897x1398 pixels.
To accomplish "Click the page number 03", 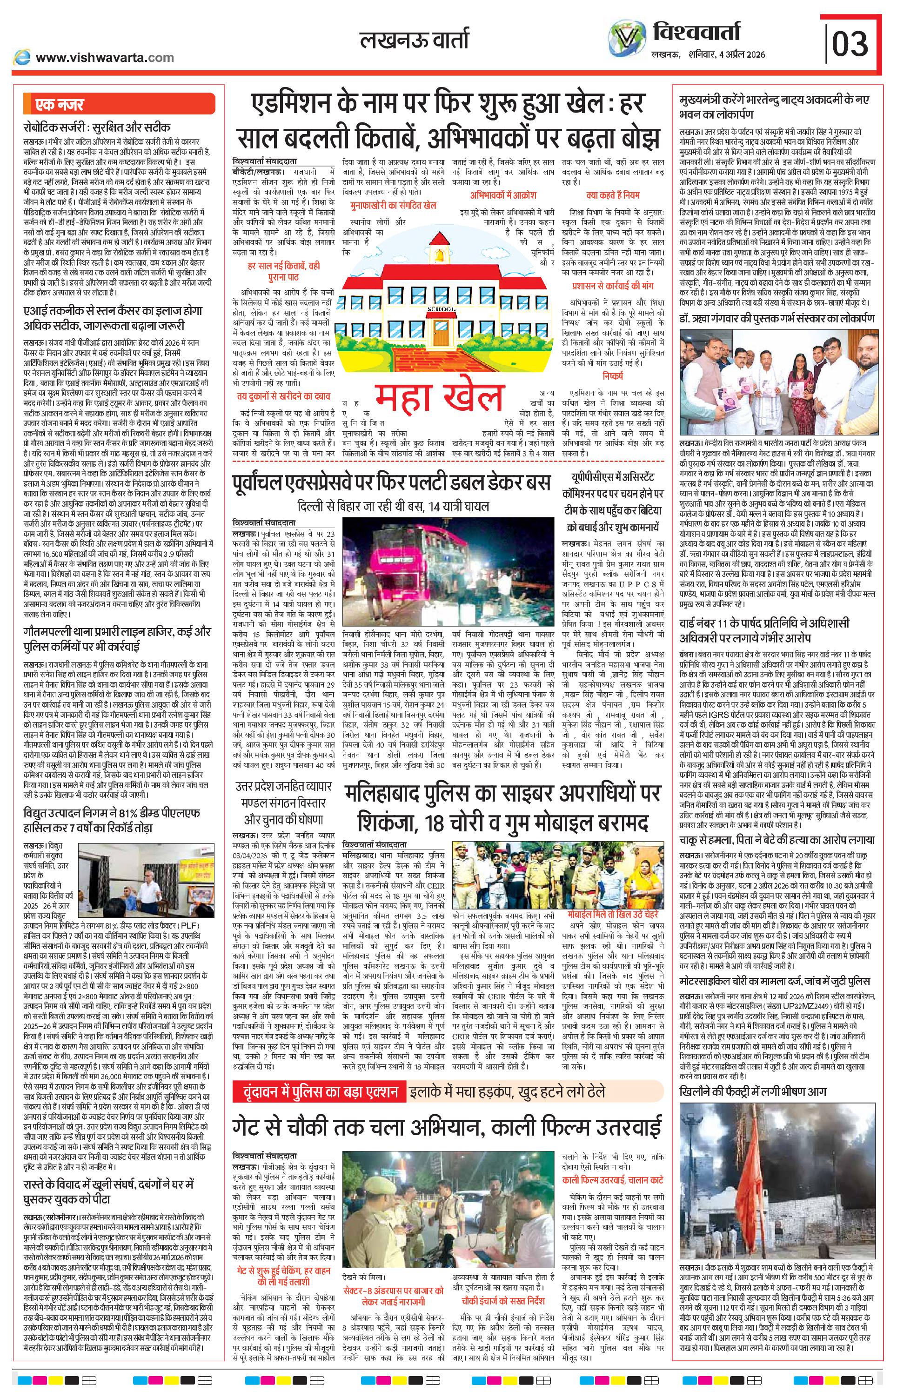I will (850, 43).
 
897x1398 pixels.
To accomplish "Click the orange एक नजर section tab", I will (59, 105).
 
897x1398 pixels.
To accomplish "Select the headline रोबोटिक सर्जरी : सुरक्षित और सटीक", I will (97, 127).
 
